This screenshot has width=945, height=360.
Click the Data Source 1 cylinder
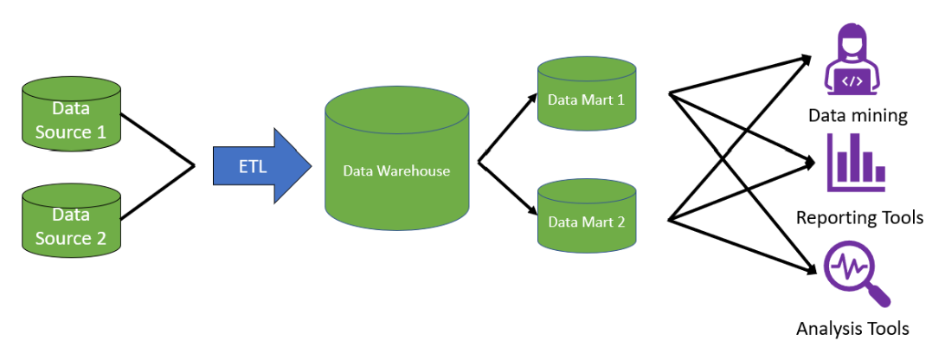pyautogui.click(x=73, y=114)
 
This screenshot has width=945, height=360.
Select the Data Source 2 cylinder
pyautogui.click(x=73, y=220)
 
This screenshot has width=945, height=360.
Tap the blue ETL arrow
pyautogui.click(x=262, y=165)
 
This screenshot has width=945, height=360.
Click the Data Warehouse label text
pyautogui.click(x=396, y=170)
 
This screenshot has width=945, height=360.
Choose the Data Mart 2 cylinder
pyautogui.click(x=587, y=215)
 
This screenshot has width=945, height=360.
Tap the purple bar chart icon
pyautogui.click(x=856, y=162)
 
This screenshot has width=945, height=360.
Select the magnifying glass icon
pyautogui.click(x=856, y=274)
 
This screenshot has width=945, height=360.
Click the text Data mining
pyautogui.click(x=858, y=115)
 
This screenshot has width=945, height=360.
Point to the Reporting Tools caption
pyautogui.click(x=859, y=217)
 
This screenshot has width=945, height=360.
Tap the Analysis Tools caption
pyautogui.click(x=852, y=329)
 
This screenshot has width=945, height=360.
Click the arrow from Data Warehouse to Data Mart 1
pyautogui.click(x=508, y=127)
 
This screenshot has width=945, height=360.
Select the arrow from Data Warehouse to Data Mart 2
pyautogui.click(x=508, y=189)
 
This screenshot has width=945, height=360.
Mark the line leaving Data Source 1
pyautogui.click(x=157, y=138)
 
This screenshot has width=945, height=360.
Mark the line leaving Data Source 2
pyautogui.click(x=157, y=192)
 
